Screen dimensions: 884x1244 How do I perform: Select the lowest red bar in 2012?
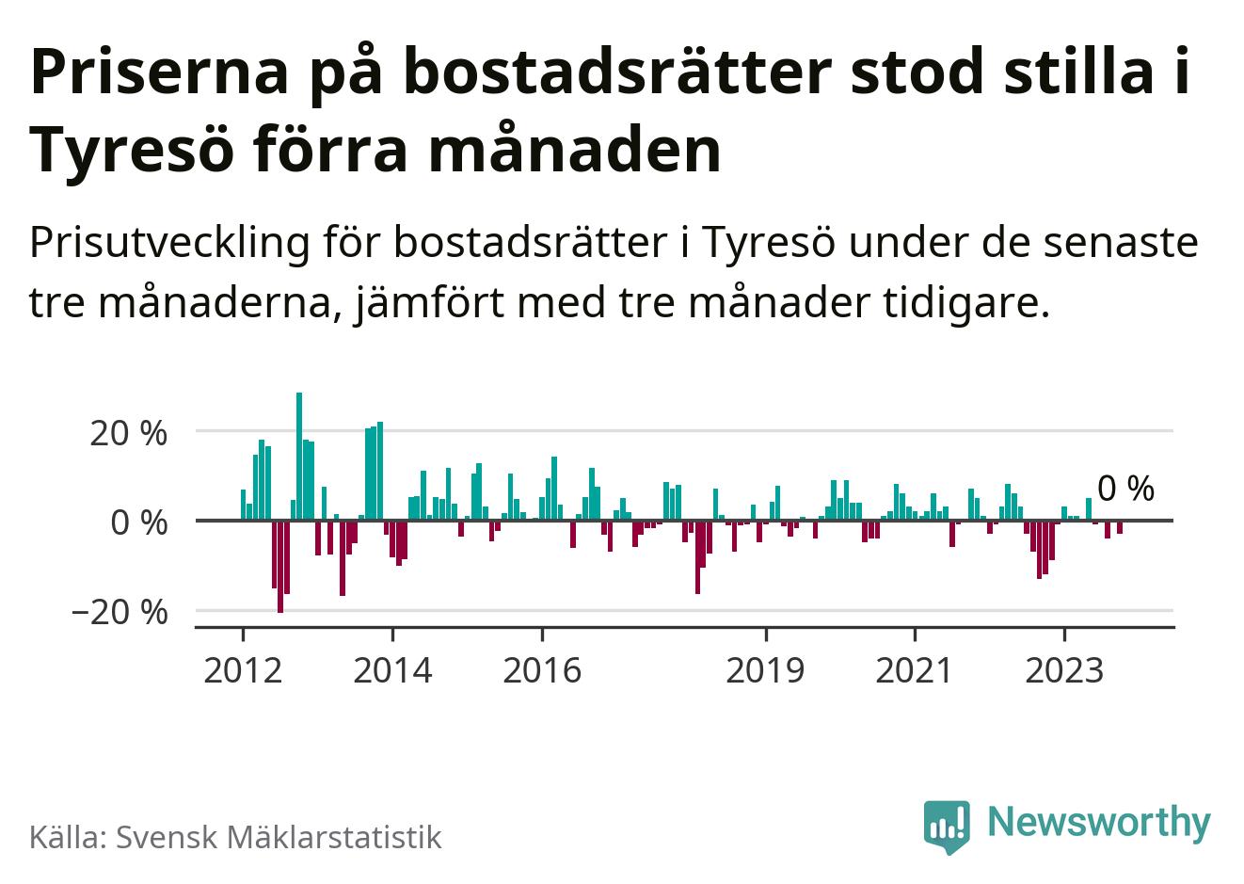(280, 565)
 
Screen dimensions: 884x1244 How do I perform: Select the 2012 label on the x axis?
(243, 670)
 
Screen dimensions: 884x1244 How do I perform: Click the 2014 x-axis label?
(393, 670)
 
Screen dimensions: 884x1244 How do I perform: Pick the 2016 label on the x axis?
(542, 670)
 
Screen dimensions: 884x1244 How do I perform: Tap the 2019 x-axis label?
(766, 670)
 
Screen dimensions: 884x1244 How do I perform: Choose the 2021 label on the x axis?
(915, 670)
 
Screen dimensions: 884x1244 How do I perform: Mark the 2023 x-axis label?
(1064, 670)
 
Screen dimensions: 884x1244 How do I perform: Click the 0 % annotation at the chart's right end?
(1125, 489)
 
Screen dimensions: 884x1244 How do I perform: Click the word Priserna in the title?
(160, 75)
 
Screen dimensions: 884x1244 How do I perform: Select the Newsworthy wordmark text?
(1098, 822)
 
